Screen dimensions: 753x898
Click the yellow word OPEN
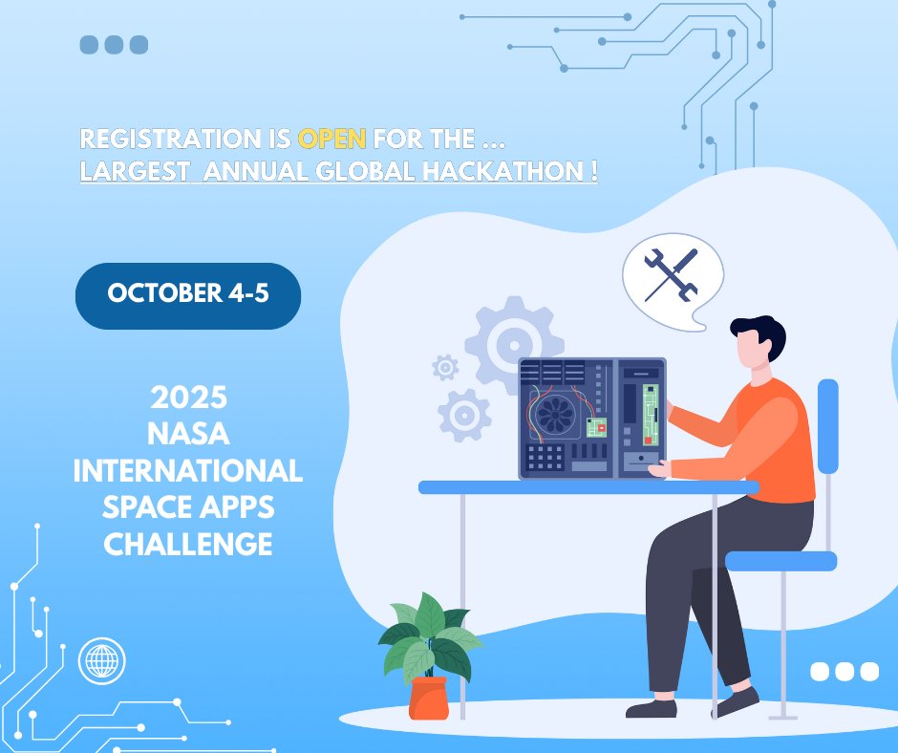click(x=331, y=140)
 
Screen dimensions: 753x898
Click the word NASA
click(x=188, y=433)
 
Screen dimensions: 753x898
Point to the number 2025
click(x=188, y=397)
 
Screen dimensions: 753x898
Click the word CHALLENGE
click(x=188, y=545)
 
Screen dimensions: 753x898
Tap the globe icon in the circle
click(x=101, y=660)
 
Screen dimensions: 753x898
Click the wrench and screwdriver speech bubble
click(x=672, y=272)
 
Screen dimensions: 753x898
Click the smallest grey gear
click(x=444, y=366)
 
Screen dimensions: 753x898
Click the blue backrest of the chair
click(x=827, y=426)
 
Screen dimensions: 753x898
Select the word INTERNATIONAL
click(x=188, y=470)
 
